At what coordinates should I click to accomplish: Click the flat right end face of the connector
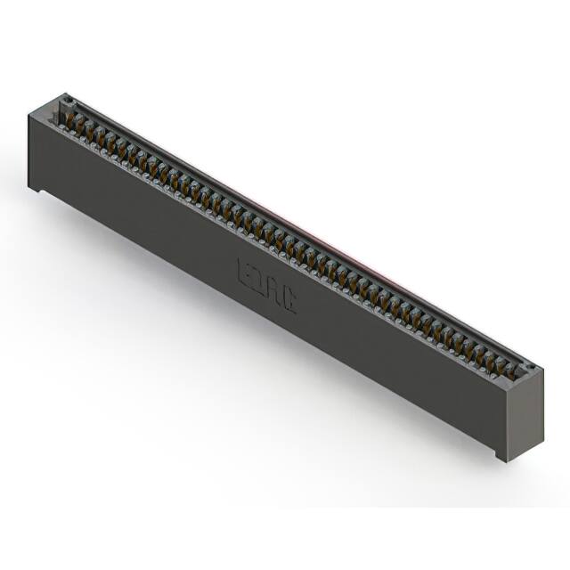[x=525, y=410]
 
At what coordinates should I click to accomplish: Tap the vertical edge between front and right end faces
[x=509, y=419]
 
